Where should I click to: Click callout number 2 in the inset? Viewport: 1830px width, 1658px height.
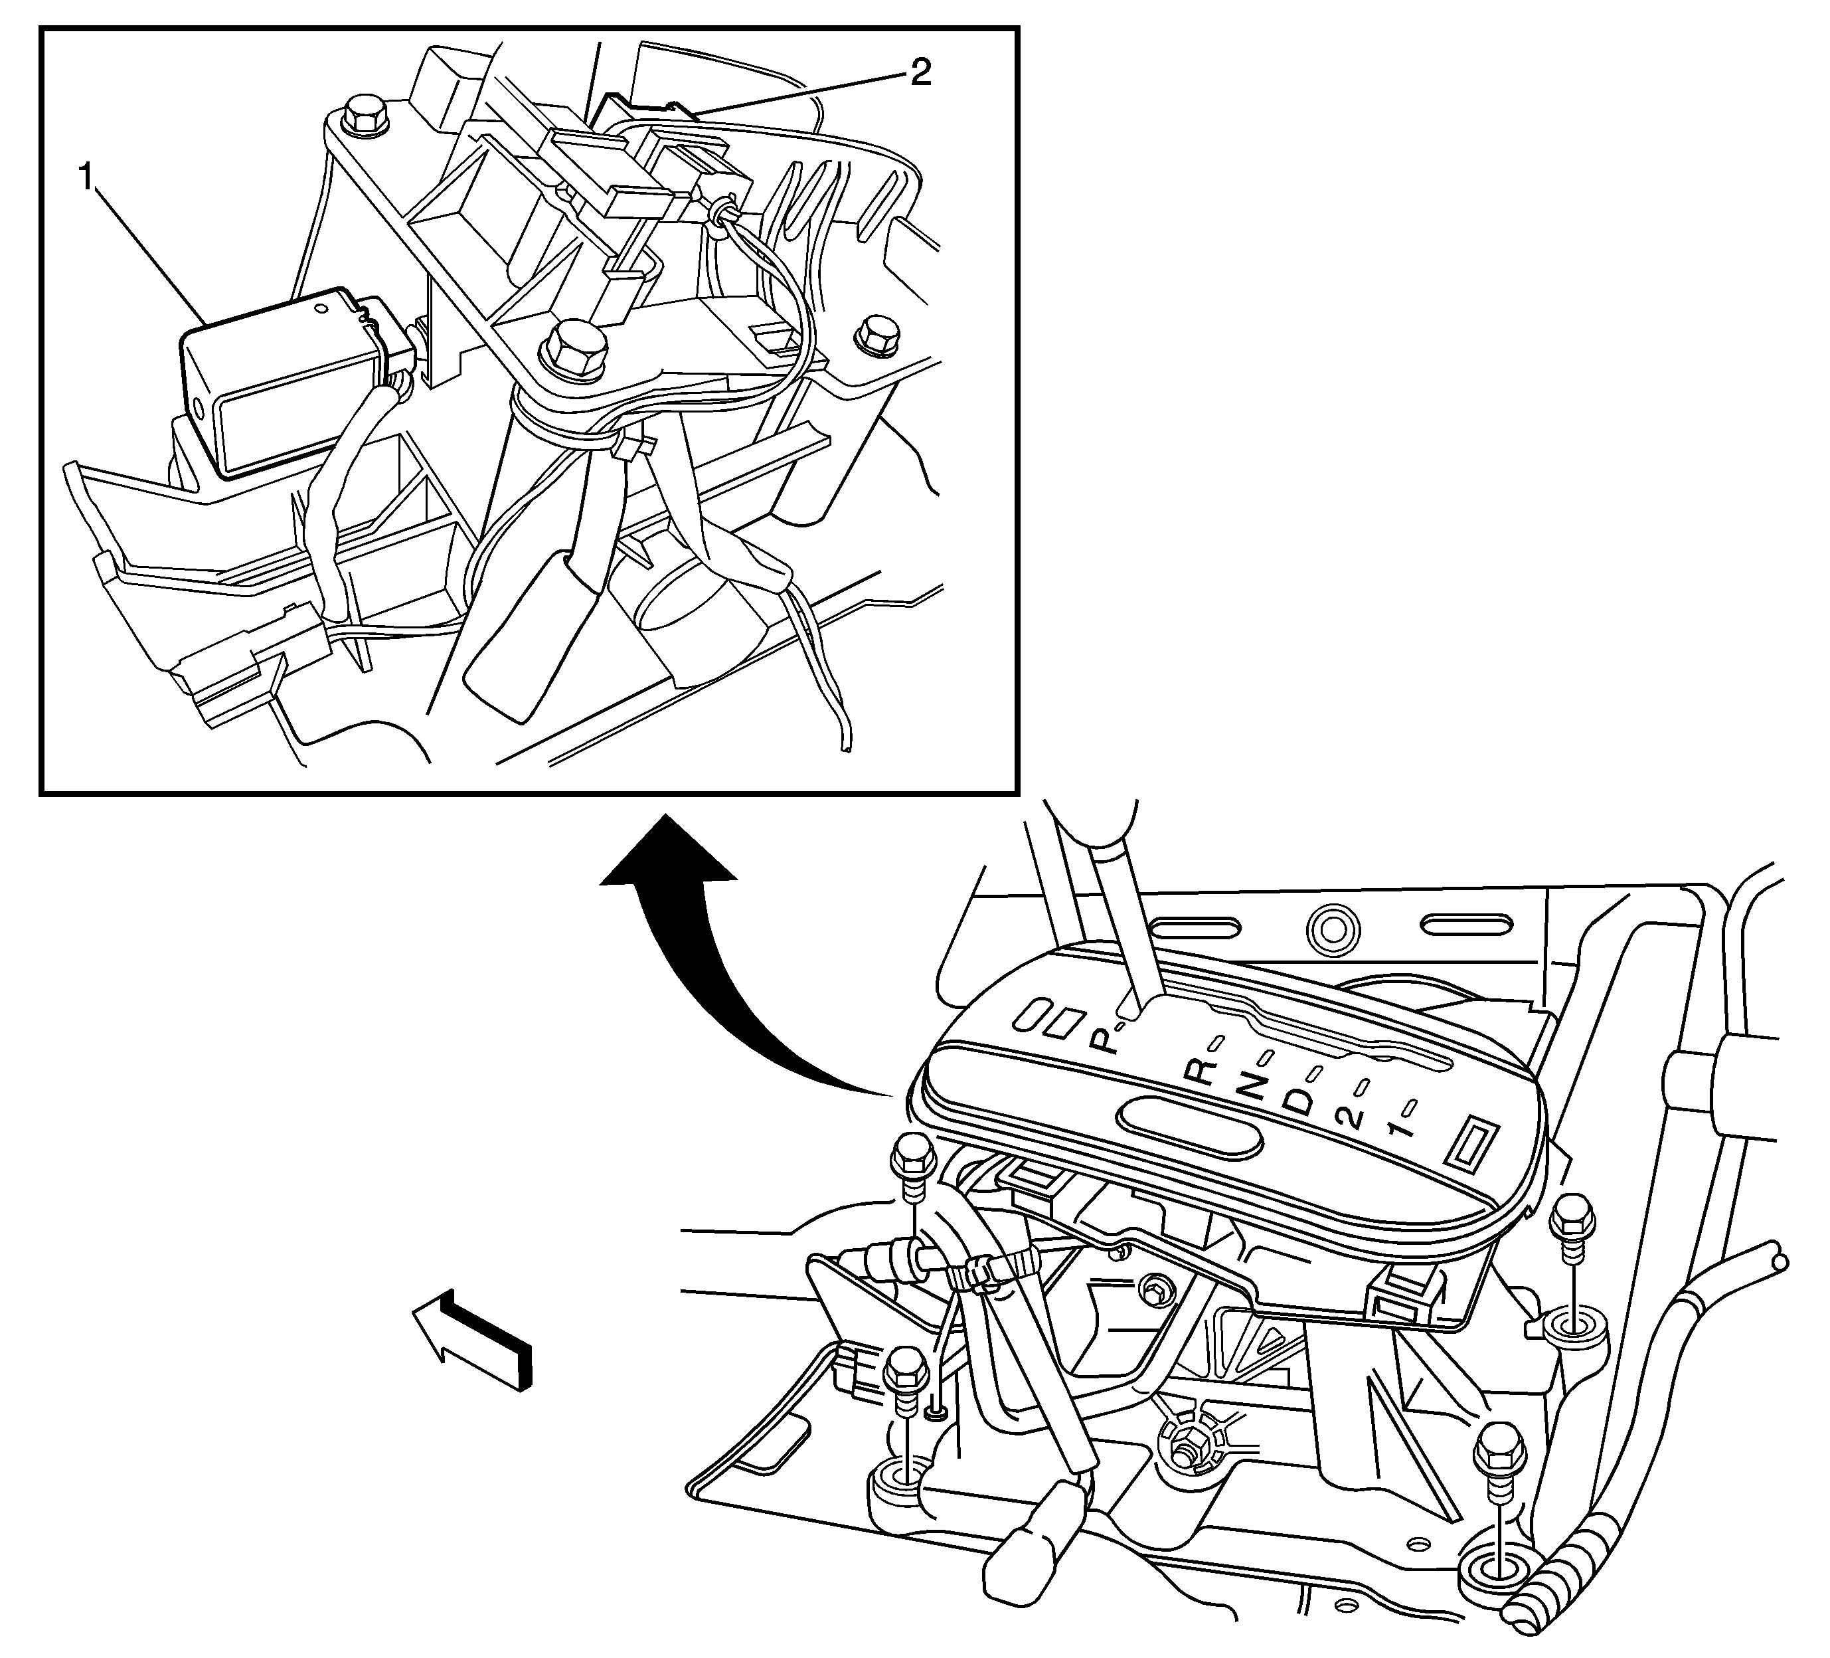(920, 72)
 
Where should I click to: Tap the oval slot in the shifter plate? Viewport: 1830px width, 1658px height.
(1191, 1126)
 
